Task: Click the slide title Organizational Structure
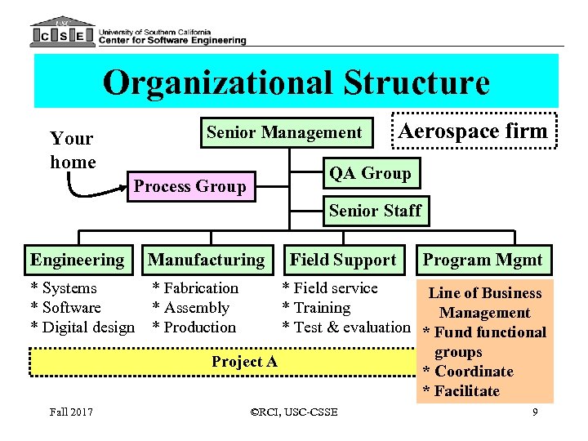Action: pyautogui.click(x=296, y=82)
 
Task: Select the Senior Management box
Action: pyautogui.click(x=283, y=132)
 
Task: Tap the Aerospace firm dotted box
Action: pyautogui.click(x=473, y=131)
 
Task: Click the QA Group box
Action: pyautogui.click(x=370, y=173)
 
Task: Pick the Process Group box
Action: pyautogui.click(x=189, y=186)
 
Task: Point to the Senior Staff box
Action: pyautogui.click(x=375, y=211)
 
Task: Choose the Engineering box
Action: pyautogui.click(x=77, y=261)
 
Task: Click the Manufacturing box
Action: pyautogui.click(x=207, y=261)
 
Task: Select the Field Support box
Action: pyautogui.click(x=343, y=261)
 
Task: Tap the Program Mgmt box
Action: pyautogui.click(x=482, y=261)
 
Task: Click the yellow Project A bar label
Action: pyautogui.click(x=244, y=361)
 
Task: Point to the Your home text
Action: pyautogui.click(x=73, y=150)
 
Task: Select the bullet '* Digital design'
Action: pyautogui.click(x=82, y=327)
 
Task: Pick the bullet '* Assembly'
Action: pyautogui.click(x=191, y=308)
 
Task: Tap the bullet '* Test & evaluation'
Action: pyautogui.click(x=345, y=327)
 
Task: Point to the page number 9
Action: pyautogui.click(x=535, y=412)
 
